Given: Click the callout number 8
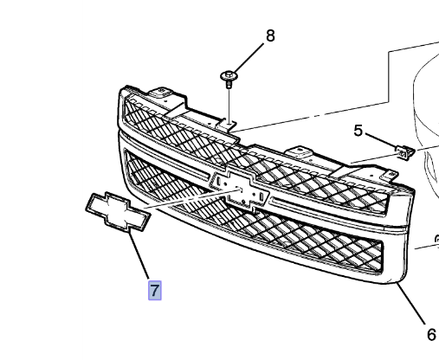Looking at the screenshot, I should coord(269,35).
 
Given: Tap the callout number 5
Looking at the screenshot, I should coord(357,131).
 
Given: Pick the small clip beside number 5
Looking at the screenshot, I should coord(403,152).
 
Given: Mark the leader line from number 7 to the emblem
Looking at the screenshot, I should coord(139,254).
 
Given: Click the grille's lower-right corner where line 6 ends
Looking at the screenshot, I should coord(397,279).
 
